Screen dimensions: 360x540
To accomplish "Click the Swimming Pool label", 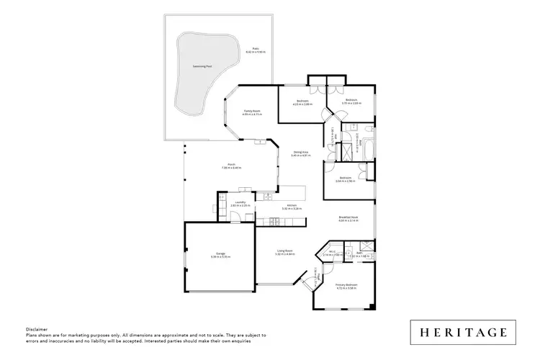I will coord(202,66).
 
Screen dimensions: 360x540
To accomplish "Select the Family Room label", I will coord(251,110).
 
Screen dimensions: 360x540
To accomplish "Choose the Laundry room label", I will coord(240,202).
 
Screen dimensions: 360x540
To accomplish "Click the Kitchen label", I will coord(292,206).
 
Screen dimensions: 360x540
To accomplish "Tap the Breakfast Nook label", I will coord(348,217).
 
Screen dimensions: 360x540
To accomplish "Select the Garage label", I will coord(220,253).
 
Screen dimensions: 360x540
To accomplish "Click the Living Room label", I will coord(284,252).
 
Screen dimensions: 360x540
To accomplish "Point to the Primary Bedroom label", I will coord(346,285).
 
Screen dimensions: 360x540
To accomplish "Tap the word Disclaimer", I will coord(37,328).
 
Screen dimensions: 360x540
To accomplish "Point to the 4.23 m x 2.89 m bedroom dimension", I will coord(302,104).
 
